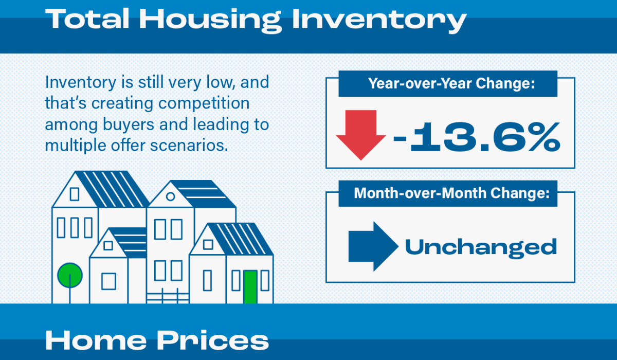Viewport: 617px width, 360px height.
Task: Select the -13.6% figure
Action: click(x=477, y=137)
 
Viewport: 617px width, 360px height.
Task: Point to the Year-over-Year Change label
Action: click(x=451, y=83)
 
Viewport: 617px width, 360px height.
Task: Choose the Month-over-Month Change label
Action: click(x=452, y=193)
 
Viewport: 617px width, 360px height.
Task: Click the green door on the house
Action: click(x=250, y=287)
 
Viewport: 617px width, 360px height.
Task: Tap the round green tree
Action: click(x=70, y=276)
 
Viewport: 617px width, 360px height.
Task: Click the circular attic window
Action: click(x=171, y=196)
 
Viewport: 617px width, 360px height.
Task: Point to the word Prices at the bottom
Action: click(x=213, y=340)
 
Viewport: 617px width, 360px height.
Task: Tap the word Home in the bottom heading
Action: click(x=96, y=340)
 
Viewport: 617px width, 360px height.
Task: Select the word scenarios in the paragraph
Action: click(x=189, y=145)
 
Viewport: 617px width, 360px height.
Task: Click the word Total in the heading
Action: click(x=87, y=19)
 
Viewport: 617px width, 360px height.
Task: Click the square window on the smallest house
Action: click(x=109, y=281)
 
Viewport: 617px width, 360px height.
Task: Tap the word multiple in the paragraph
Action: click(x=76, y=146)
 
